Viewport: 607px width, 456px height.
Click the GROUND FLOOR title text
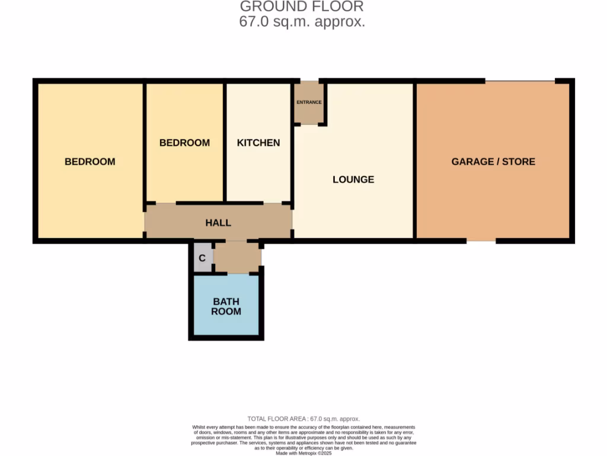(302, 7)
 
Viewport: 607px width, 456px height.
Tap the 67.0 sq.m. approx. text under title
(302, 23)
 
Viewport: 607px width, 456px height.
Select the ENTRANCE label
(309, 102)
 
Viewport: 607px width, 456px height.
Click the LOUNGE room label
(353, 179)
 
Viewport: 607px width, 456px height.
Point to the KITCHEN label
(258, 142)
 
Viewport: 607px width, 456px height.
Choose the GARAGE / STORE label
(493, 161)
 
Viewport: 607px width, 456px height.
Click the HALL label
(218, 223)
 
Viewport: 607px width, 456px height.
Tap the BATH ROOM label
(227, 306)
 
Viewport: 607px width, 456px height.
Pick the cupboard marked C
(202, 258)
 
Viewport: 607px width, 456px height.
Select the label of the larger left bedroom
(90, 161)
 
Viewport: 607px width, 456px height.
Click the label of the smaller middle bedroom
(184, 142)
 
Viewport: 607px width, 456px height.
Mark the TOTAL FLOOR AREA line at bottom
(303, 419)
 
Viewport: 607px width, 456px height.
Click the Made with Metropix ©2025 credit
(303, 452)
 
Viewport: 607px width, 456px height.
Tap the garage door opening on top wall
(520, 81)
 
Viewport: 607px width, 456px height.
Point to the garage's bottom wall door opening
(481, 240)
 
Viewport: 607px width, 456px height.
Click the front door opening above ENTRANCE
(309, 81)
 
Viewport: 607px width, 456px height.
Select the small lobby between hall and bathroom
(237, 256)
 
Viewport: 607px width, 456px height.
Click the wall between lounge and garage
(415, 160)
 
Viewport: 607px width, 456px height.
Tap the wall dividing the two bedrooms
(145, 142)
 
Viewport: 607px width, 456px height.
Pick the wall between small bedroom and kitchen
(225, 142)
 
